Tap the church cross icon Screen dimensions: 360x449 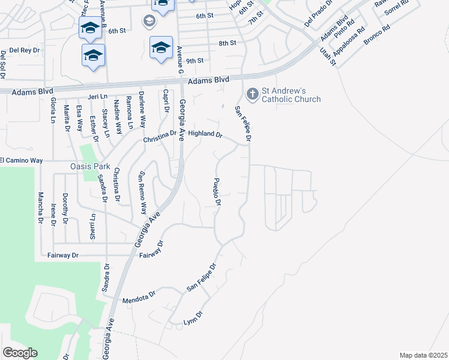pyautogui.click(x=252, y=94)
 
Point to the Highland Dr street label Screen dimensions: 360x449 pyautogui.click(x=205, y=134)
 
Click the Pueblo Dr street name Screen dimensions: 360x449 pyautogui.click(x=218, y=193)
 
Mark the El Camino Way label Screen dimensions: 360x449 pyautogui.click(x=22, y=160)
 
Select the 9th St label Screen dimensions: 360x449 pyautogui.click(x=195, y=61)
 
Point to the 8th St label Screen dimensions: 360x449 pyautogui.click(x=228, y=43)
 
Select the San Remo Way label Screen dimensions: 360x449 pyautogui.click(x=143, y=193)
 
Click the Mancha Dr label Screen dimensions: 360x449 pyautogui.click(x=40, y=205)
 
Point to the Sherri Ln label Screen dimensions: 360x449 pyautogui.click(x=92, y=226)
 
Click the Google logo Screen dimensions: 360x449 pyautogui.click(x=20, y=353)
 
